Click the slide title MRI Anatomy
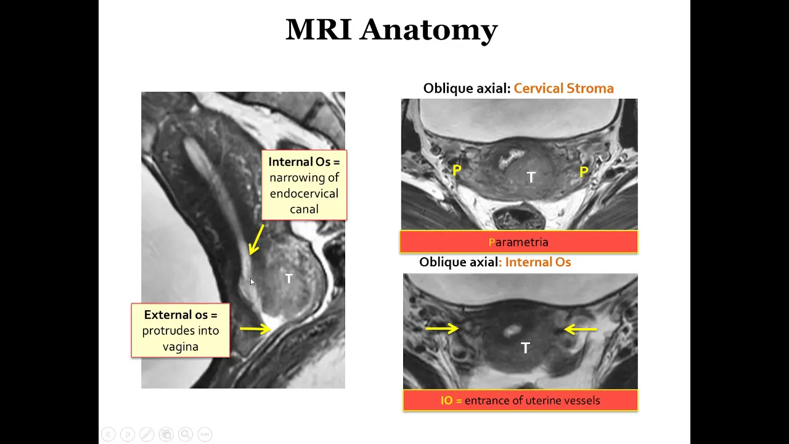coord(391,30)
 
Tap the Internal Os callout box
coord(304,185)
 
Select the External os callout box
coord(181,331)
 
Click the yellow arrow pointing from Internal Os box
coord(256,240)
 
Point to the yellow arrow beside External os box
coord(255,329)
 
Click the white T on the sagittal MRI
coord(289,279)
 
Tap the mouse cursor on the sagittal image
coord(252,282)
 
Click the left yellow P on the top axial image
coord(457,171)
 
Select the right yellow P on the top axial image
coord(584,172)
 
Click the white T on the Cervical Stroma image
coord(531,177)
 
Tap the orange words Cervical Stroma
coord(563,88)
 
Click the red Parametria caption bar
coord(519,242)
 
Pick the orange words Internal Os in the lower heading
coord(538,262)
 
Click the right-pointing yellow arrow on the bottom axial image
coord(442,329)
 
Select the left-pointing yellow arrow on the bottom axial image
coord(580,329)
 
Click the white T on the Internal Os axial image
coord(525,348)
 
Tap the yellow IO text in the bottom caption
coord(447,400)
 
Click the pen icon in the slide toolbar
coord(147,434)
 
